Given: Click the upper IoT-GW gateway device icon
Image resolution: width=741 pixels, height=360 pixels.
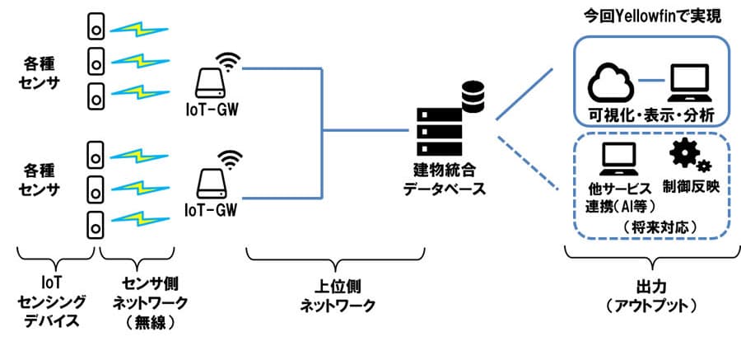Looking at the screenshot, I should click(212, 78).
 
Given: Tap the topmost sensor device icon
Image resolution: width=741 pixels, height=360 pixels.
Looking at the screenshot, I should click(96, 27).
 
